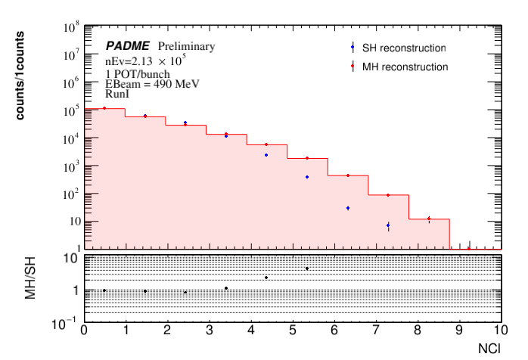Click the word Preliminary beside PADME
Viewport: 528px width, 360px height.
pos(186,46)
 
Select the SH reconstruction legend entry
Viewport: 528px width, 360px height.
pos(403,48)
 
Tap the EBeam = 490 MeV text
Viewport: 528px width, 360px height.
pos(152,84)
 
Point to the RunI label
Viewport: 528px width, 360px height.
pos(117,96)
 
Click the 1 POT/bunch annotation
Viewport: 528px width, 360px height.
pos(138,73)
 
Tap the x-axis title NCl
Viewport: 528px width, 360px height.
pos(488,349)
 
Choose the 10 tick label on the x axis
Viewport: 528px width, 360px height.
pos(498,331)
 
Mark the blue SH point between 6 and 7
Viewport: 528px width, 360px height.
pos(348,208)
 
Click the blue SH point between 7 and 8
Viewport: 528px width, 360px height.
pos(388,225)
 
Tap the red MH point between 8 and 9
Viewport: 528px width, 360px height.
pos(429,219)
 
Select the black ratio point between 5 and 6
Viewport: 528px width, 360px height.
pos(307,268)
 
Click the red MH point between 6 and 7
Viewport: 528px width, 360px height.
pos(348,175)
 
